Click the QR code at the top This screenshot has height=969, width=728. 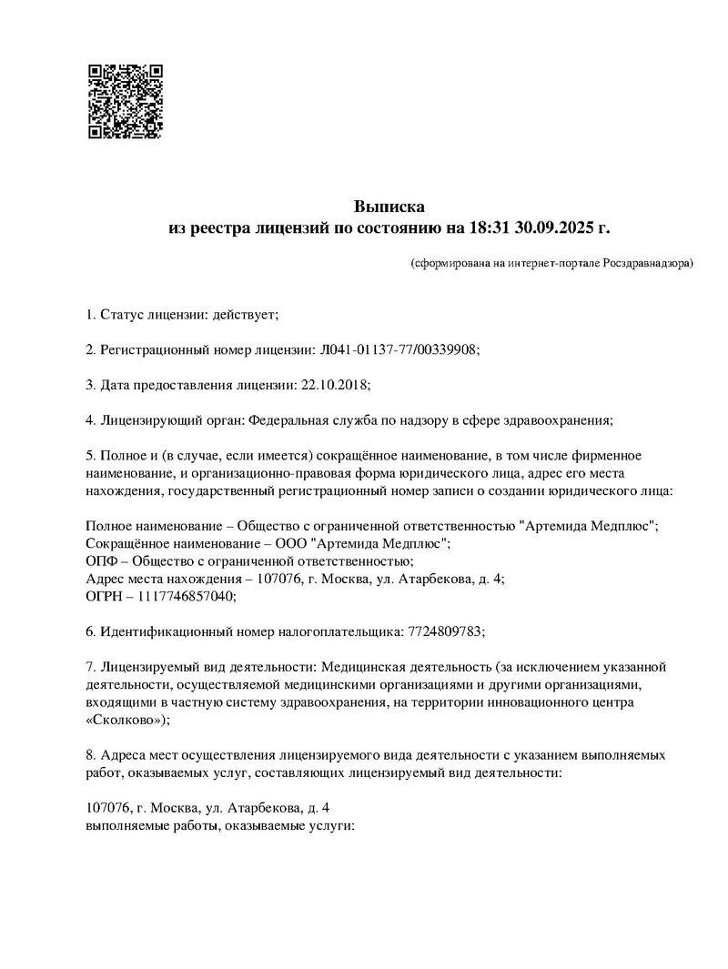pos(125,101)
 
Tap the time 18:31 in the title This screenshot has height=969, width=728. pos(491,227)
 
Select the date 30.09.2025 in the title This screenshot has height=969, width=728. pos(557,227)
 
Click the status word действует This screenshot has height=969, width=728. pos(244,315)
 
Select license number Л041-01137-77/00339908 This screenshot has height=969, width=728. pos(399,349)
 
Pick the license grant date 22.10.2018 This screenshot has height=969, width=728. pos(333,385)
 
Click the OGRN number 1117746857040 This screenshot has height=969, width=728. pos(187,596)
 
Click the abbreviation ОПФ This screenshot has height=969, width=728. pos(100,560)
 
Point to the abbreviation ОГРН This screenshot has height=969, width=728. pos(104,596)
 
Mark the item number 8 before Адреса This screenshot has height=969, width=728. pos(89,754)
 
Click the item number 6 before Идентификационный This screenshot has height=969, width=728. pos(89,631)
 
